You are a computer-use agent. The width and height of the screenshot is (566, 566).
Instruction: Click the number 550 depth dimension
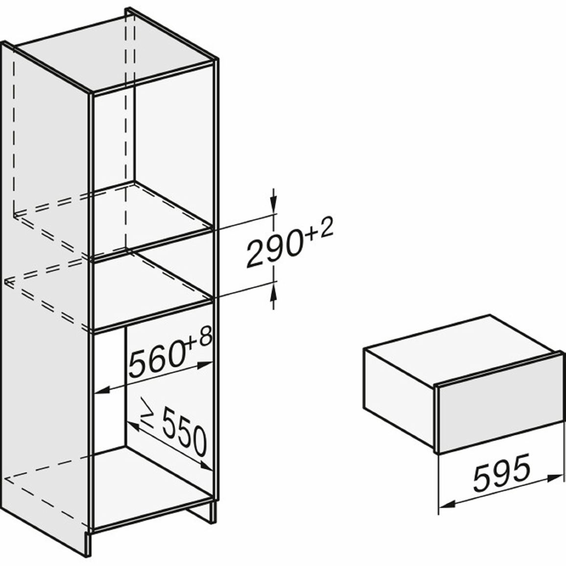click(184, 431)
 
